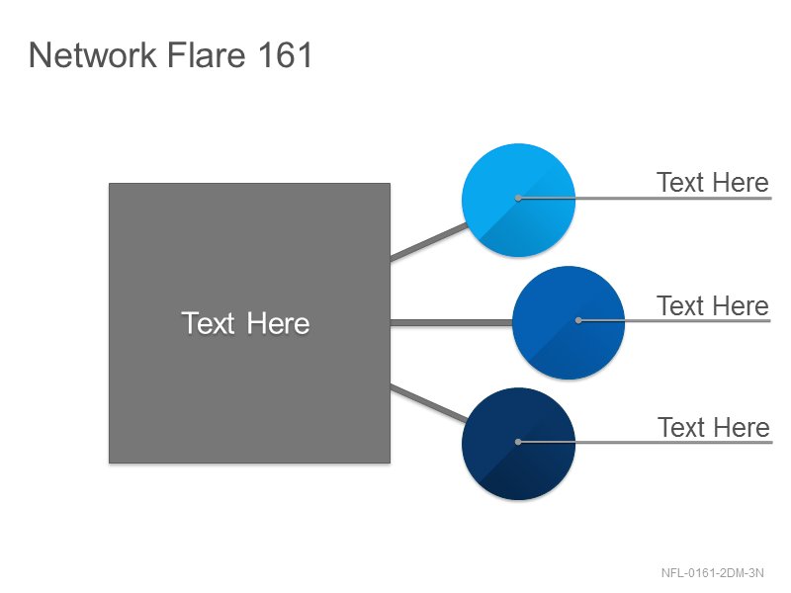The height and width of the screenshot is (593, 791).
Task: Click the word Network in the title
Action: pos(93,54)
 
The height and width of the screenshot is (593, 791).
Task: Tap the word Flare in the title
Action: pos(207,54)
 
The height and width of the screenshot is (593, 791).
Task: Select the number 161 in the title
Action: pos(286,54)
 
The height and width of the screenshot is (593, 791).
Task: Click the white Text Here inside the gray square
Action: pos(245,323)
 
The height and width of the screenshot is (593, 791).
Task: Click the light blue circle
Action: pos(518,201)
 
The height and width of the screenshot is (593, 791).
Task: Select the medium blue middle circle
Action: pos(569,323)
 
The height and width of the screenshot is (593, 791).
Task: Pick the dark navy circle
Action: pos(518,444)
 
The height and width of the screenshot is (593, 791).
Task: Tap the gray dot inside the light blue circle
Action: pos(518,199)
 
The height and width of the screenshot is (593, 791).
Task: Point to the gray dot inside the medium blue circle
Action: pos(578,320)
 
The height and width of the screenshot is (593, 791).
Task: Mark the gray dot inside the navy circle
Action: pos(518,442)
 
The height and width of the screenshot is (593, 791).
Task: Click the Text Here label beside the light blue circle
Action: pos(712,182)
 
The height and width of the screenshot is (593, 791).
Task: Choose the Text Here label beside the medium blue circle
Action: pos(712,305)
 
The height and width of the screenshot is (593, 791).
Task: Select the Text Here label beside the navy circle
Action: pos(713,427)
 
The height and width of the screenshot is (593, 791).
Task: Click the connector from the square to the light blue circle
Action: pos(429,242)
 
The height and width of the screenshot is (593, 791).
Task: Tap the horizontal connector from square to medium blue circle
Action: pos(452,323)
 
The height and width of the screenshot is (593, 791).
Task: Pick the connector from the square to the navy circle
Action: pos(429,403)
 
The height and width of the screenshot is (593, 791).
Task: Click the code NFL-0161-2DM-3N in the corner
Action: pos(712,573)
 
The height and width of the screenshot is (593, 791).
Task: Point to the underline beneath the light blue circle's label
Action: pos(646,199)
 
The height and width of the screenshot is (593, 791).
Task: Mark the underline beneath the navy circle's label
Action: pos(646,442)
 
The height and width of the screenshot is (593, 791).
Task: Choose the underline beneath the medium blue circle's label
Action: pos(675,320)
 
